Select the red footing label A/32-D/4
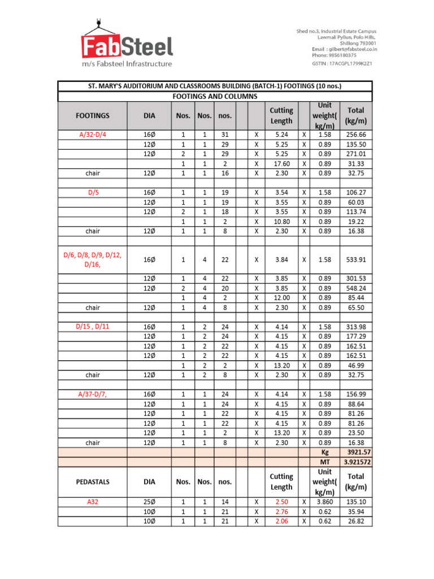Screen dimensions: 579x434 (x=93, y=135)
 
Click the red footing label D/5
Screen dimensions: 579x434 (x=93, y=192)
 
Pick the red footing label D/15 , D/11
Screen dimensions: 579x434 (x=93, y=327)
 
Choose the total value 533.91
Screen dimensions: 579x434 (x=357, y=260)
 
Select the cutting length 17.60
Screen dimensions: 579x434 (x=281, y=163)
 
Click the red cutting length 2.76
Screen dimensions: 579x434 (x=281, y=511)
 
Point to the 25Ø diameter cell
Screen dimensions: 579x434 (x=149, y=502)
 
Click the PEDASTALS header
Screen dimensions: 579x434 (x=93, y=482)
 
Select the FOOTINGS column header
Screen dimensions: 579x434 (x=93, y=115)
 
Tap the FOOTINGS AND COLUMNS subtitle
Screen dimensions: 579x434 (x=215, y=96)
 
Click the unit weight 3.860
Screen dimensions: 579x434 (x=324, y=502)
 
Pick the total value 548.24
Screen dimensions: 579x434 (x=357, y=288)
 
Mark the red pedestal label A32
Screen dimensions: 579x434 (x=93, y=502)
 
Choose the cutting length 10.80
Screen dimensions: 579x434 (x=281, y=221)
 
